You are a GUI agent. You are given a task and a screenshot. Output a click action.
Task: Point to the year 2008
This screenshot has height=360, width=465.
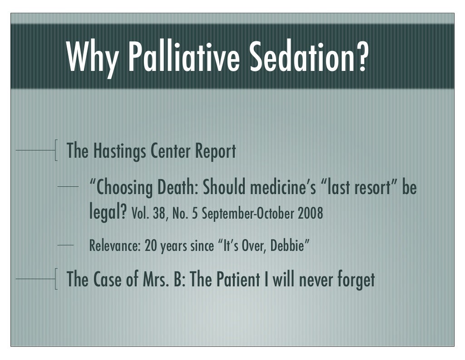[310, 214]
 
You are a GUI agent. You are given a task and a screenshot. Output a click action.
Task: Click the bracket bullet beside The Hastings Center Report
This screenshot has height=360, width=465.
[55, 150]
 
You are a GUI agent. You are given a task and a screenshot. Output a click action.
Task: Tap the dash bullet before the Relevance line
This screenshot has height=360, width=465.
[66, 245]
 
